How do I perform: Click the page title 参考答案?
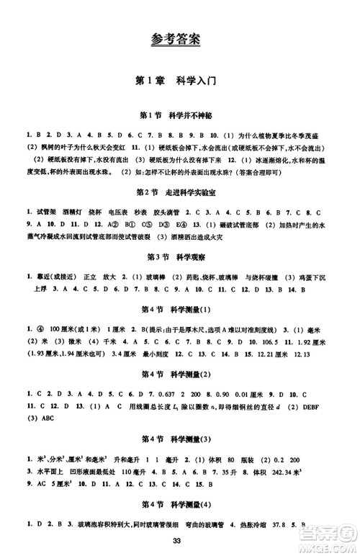tap(180, 37)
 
